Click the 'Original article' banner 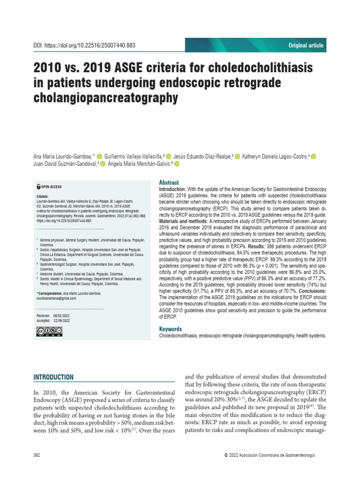point(305,45)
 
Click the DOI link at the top point(84,45)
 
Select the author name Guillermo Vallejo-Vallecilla point(133,156)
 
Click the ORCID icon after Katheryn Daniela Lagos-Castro point(314,156)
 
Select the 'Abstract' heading point(169,182)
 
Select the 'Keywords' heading point(171,329)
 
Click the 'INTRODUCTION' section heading point(53,377)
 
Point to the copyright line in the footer point(270,456)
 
